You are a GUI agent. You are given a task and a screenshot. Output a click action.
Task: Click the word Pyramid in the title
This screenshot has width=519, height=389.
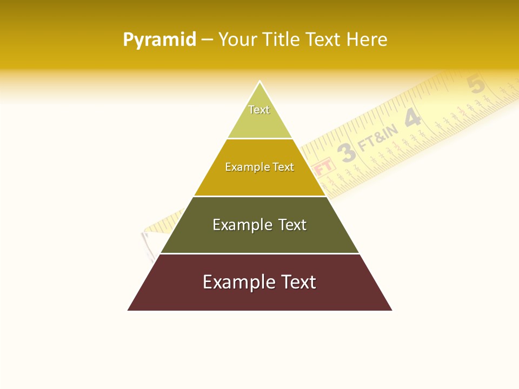159,39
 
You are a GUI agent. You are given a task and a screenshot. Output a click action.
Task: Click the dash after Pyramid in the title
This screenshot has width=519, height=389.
207,40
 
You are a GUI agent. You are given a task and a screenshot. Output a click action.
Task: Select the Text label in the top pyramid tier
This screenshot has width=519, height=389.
259,110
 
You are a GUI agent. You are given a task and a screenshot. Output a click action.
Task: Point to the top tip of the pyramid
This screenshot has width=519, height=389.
259,82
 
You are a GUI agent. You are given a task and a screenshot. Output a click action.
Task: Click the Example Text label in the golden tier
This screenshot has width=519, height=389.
259,167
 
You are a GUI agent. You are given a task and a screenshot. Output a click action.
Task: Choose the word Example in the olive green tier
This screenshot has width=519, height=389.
242,225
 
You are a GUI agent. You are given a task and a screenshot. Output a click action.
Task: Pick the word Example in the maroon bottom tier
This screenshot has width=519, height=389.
238,282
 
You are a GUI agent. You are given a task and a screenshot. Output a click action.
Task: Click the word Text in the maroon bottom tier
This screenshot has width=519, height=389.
299,282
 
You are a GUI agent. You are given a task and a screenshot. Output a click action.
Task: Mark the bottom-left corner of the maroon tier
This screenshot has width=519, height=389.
128,310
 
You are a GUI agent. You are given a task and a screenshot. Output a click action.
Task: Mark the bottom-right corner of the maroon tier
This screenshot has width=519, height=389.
391,310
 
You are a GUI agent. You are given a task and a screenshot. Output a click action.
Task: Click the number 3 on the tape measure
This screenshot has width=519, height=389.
347,153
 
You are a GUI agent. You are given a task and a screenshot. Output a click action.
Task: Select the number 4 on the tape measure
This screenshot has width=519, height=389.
412,118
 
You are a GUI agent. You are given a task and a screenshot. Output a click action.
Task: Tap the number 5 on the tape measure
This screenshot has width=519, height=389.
475,85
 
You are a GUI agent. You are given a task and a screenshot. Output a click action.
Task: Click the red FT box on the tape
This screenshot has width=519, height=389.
324,166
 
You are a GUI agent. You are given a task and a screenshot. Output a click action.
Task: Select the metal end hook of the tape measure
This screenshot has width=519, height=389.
148,243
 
